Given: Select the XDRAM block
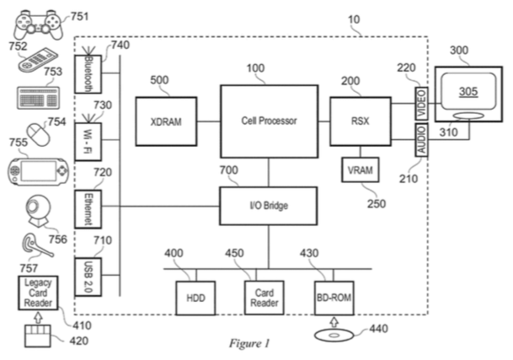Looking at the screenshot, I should point(166,121).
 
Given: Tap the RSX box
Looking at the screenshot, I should point(360,121).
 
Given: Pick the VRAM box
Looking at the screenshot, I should point(360,169).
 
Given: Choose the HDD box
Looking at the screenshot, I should point(195,296).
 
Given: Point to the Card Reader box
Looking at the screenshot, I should point(259,295).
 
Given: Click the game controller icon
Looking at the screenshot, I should point(32,22).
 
